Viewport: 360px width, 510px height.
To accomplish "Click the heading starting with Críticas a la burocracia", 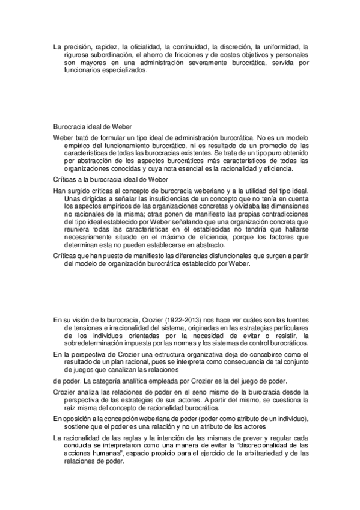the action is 109,180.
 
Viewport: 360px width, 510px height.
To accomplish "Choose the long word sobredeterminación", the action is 94,345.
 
